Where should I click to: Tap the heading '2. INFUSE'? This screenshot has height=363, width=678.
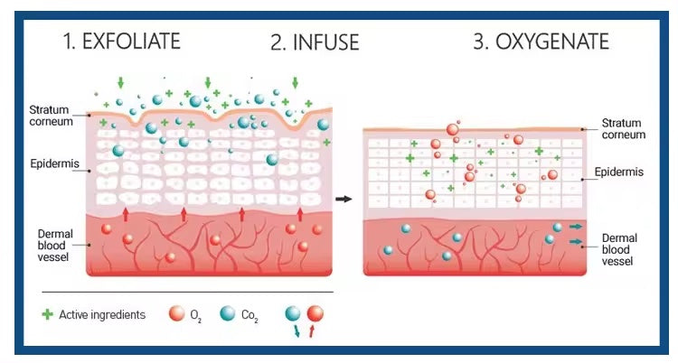pyautogui.click(x=315, y=42)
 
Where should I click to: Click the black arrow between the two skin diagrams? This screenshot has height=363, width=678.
pyautogui.click(x=344, y=198)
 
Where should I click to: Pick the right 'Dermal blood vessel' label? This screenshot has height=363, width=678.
pyautogui.click(x=623, y=249)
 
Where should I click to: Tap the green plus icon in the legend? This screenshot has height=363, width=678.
pyautogui.click(x=47, y=315)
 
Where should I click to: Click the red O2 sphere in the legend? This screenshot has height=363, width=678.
pyautogui.click(x=176, y=314)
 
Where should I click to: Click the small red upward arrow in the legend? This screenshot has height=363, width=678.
pyautogui.click(x=312, y=331)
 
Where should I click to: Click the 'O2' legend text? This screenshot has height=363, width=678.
pyautogui.click(x=196, y=316)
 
